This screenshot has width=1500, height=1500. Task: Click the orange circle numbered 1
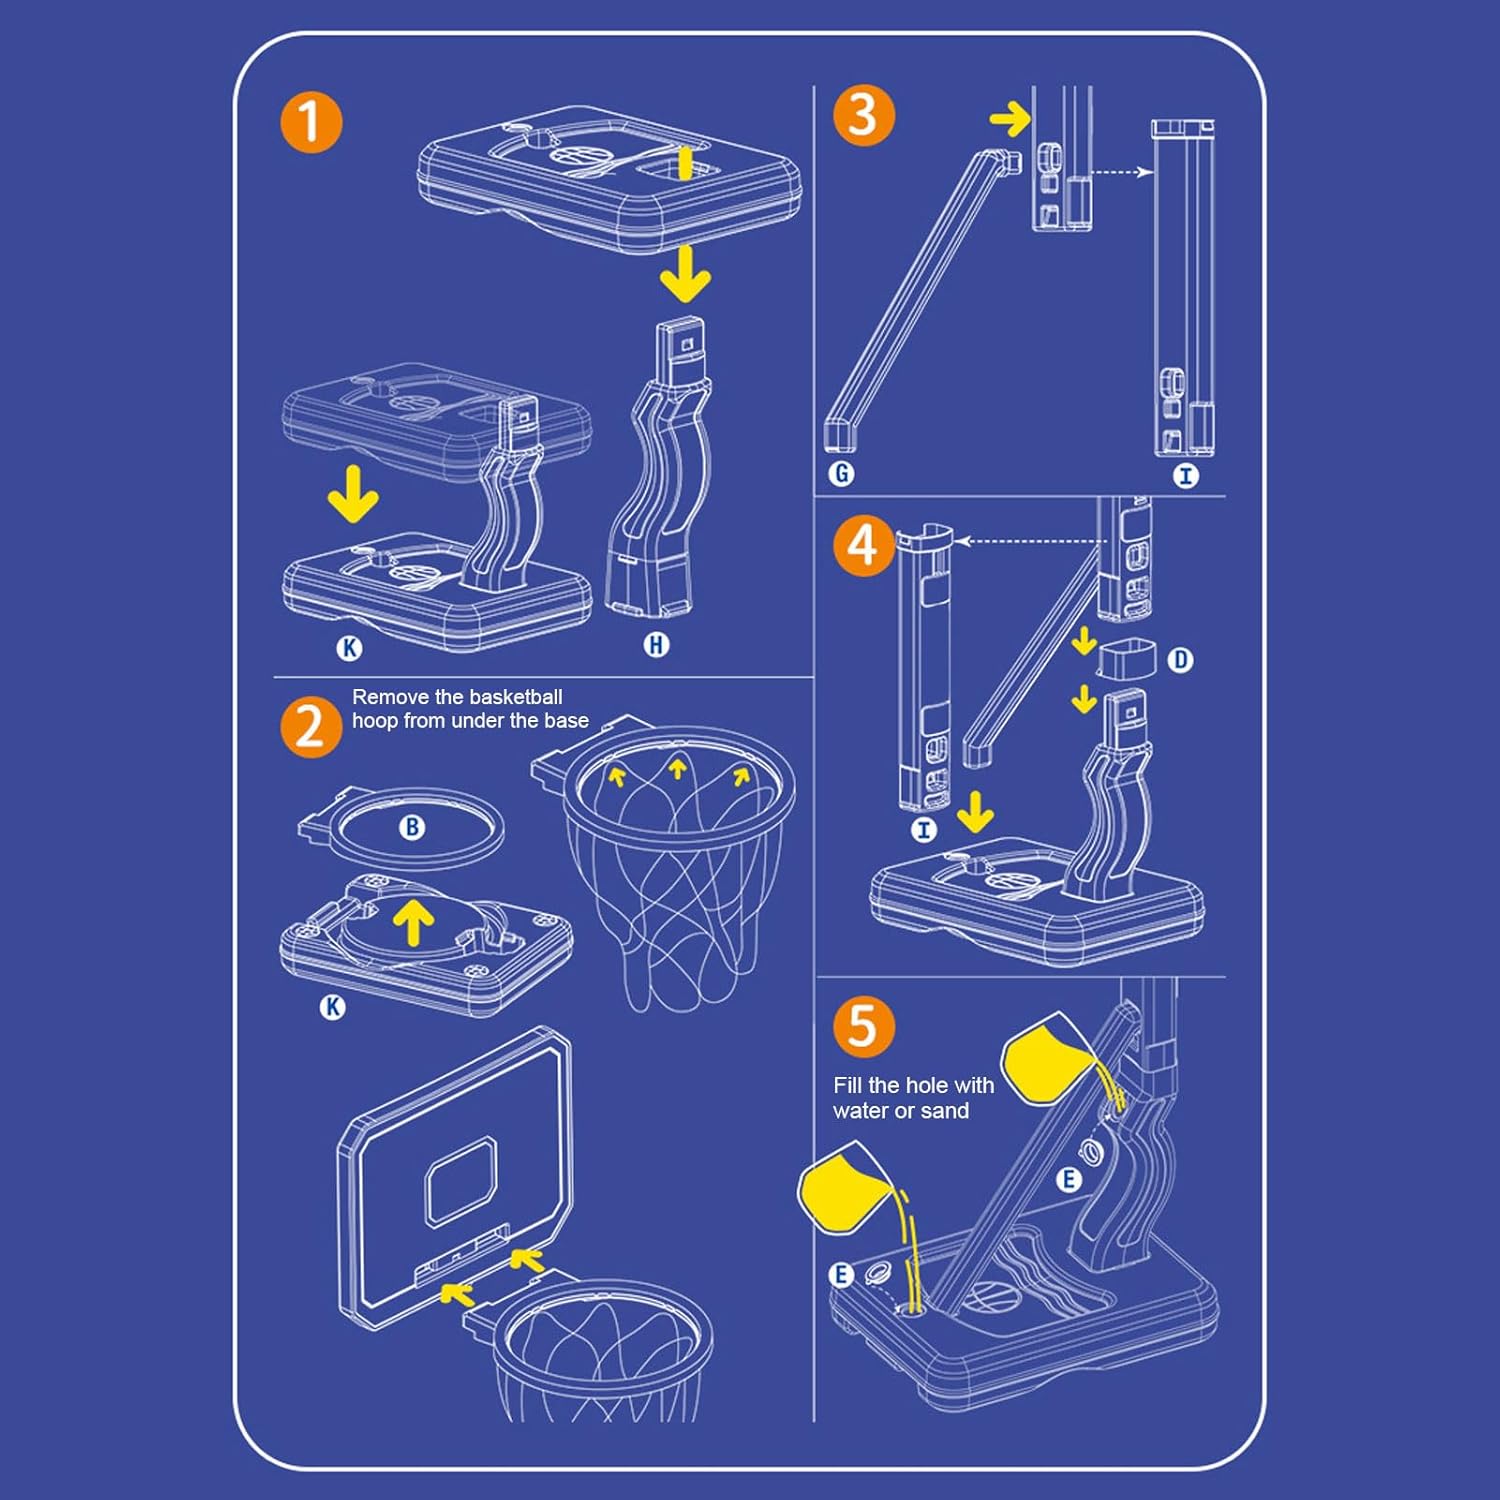click(311, 123)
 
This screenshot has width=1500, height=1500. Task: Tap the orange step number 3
click(864, 115)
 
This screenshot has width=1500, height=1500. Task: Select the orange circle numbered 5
click(864, 1026)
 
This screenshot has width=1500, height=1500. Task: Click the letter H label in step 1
click(656, 645)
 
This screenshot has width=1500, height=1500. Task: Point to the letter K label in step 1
click(348, 648)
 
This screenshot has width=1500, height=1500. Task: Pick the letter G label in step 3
click(841, 473)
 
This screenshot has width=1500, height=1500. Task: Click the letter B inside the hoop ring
click(411, 827)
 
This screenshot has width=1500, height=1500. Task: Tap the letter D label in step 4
click(1181, 660)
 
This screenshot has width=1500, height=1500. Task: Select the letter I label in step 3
click(1186, 476)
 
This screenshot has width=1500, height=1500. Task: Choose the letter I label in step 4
click(924, 829)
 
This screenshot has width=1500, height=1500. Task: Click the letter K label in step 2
click(332, 1007)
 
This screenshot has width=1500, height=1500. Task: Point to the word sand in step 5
click(946, 1111)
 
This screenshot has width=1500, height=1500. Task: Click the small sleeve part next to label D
click(1127, 659)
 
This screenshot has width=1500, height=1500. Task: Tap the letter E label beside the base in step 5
click(841, 1275)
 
